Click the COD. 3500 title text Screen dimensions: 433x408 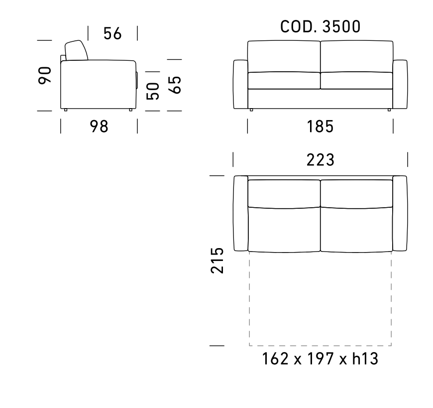coord(321,27)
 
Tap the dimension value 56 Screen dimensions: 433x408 coord(112,34)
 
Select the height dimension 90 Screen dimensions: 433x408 coord(45,75)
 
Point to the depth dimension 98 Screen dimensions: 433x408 coord(99,127)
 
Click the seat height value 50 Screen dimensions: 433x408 coord(153,91)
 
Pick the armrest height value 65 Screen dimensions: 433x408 coord(175,85)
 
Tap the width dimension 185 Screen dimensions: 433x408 coord(320,127)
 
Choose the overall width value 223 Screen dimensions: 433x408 coord(321,160)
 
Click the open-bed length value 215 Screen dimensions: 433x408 coord(217,261)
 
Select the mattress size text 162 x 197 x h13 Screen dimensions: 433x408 coord(320,359)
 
